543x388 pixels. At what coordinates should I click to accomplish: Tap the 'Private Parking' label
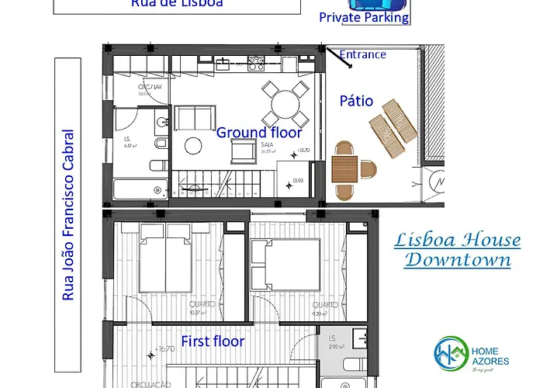click(x=364, y=18)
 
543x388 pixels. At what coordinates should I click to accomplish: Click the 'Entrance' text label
click(x=363, y=54)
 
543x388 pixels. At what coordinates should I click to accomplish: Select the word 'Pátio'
click(x=356, y=101)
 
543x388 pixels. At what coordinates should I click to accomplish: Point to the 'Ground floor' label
click(x=258, y=133)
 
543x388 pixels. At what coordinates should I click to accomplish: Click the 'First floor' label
click(x=213, y=341)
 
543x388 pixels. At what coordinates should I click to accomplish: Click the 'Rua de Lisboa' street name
click(x=178, y=4)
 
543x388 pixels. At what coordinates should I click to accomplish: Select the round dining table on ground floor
click(x=284, y=102)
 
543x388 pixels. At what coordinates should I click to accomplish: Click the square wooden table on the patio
click(x=344, y=168)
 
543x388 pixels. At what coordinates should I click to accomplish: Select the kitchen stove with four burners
click(x=256, y=61)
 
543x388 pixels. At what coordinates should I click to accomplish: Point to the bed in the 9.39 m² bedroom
click(x=285, y=259)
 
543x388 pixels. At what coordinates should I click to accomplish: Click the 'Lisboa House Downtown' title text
click(x=458, y=250)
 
